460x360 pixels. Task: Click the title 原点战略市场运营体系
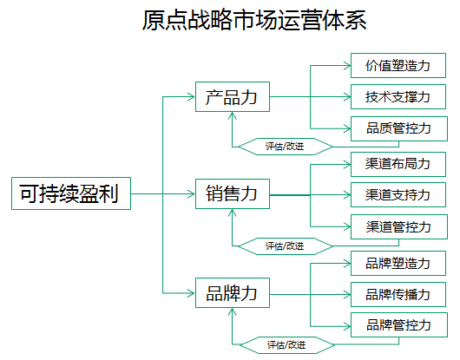(x=254, y=20)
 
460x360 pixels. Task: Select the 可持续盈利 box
(x=71, y=193)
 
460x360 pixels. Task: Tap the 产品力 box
(x=233, y=97)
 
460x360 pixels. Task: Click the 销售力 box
(x=233, y=193)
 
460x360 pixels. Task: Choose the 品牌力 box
(x=233, y=292)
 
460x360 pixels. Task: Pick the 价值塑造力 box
(x=398, y=65)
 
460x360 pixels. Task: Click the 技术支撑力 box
(x=398, y=97)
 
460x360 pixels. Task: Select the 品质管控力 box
(x=399, y=128)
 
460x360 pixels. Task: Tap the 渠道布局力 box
(x=398, y=164)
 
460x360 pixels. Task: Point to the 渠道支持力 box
(x=398, y=194)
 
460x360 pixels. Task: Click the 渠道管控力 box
(x=399, y=226)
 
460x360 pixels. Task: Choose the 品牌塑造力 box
(x=398, y=263)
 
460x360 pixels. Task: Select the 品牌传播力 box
(x=398, y=294)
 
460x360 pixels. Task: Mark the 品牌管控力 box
(x=399, y=324)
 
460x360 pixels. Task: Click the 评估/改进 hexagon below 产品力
(x=286, y=147)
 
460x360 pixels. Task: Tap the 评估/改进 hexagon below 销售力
(x=286, y=246)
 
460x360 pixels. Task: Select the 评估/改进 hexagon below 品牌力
(x=287, y=345)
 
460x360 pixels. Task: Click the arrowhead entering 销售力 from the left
(x=192, y=193)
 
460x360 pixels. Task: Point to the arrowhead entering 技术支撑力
(x=347, y=97)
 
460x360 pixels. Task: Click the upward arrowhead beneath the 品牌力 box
(x=233, y=311)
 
